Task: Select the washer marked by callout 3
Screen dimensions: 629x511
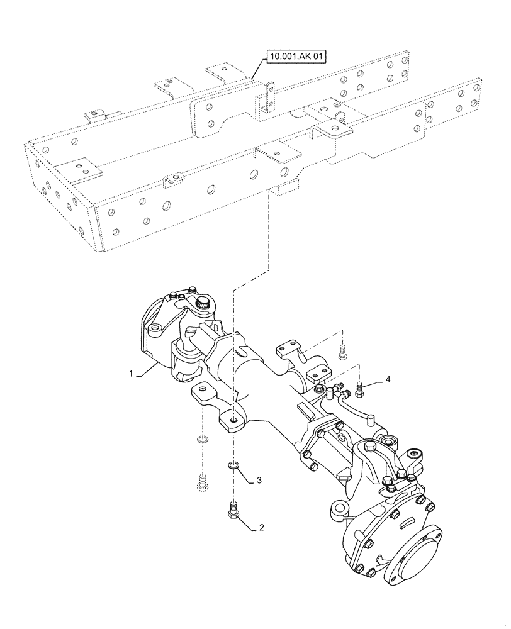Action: [233, 466]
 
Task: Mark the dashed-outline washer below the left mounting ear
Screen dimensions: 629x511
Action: [202, 438]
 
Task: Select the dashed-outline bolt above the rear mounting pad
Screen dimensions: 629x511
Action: [342, 352]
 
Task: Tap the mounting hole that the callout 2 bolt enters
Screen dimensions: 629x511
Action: [233, 419]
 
